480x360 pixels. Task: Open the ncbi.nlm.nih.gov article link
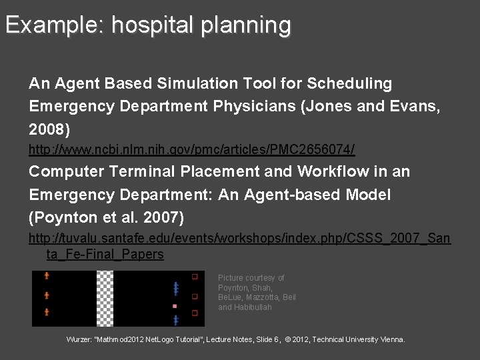191,148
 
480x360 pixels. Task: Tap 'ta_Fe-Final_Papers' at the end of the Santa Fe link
105,254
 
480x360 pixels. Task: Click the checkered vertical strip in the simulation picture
105,298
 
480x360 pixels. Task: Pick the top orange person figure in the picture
47,275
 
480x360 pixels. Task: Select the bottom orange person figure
47,312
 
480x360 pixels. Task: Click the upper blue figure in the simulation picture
175,288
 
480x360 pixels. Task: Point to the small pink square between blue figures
175,306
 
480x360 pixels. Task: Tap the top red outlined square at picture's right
195,276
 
